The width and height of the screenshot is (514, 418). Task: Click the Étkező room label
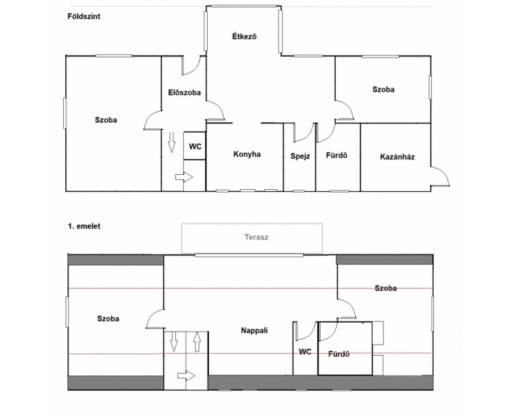click(x=244, y=36)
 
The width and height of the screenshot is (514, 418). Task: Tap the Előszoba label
click(x=184, y=93)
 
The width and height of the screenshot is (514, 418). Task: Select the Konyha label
click(x=247, y=154)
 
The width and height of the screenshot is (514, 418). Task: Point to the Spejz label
click(x=300, y=156)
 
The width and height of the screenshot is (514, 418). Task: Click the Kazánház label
click(x=397, y=157)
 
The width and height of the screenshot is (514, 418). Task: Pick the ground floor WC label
click(x=195, y=146)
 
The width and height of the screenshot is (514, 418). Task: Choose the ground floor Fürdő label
click(x=336, y=156)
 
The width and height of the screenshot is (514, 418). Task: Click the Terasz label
click(x=256, y=237)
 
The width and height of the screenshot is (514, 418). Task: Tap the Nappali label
click(x=254, y=330)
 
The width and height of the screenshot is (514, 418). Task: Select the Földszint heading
click(x=84, y=16)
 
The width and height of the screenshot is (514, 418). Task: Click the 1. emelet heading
click(x=84, y=226)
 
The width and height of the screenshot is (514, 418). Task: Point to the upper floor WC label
click(x=305, y=352)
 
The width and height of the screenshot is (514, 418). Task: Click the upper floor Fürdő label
click(x=339, y=354)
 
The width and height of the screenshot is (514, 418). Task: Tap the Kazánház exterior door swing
click(x=443, y=172)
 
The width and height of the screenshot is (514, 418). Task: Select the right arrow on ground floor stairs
click(x=184, y=177)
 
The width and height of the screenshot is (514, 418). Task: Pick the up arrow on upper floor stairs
click(x=197, y=342)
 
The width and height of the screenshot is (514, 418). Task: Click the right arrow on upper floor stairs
click(x=186, y=376)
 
